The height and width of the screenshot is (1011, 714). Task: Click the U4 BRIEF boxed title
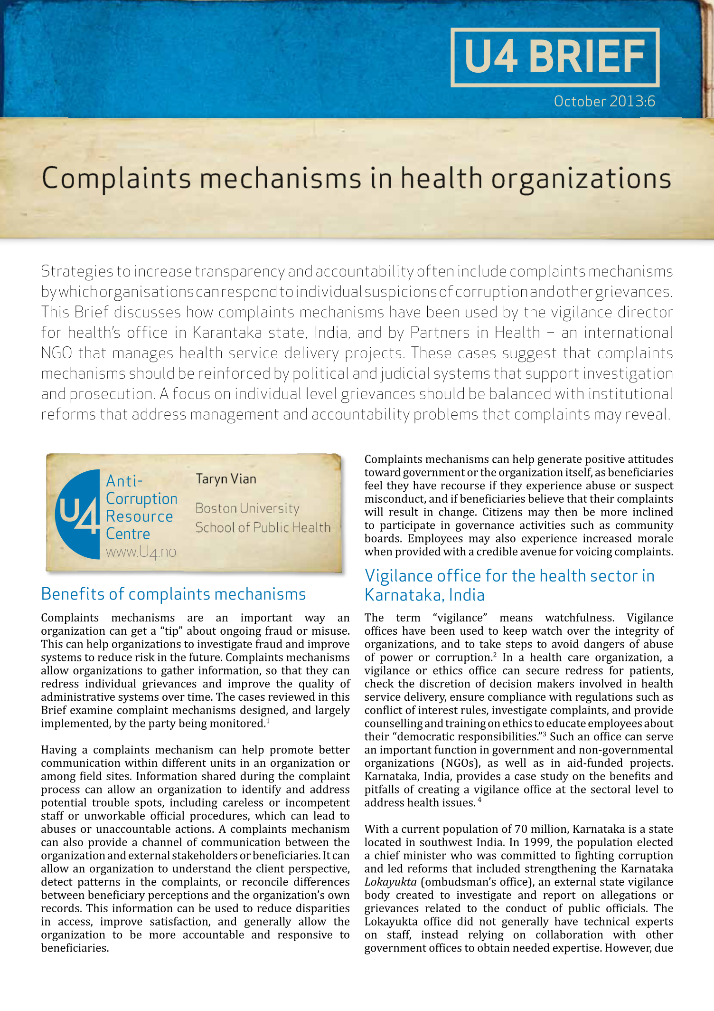[554, 57]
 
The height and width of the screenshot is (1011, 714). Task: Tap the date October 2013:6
[604, 101]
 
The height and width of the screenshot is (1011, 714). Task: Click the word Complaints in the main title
[116, 179]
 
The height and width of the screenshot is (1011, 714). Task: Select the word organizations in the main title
[581, 179]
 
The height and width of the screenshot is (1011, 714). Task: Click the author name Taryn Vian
[226, 479]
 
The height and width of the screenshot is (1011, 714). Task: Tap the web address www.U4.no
[141, 552]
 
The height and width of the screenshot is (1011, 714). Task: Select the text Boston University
[247, 508]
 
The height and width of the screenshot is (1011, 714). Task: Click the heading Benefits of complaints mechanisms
[173, 594]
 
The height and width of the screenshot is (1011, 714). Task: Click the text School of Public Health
[263, 527]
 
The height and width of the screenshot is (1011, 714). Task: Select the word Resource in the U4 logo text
[139, 516]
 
